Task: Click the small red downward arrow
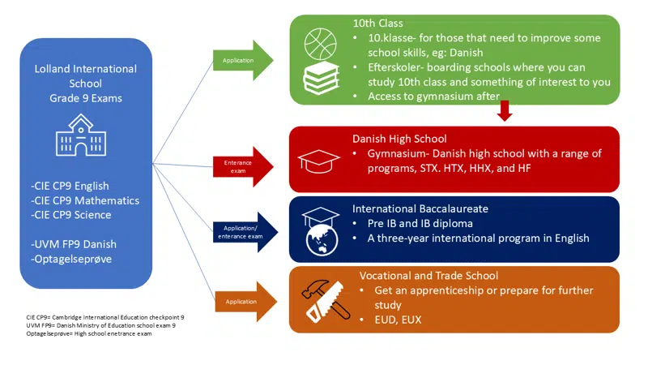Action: (505, 110)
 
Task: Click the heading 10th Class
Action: (377, 24)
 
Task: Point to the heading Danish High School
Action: (399, 139)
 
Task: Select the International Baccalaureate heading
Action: (420, 208)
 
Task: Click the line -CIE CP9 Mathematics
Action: (85, 200)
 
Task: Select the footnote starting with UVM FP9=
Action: (101, 324)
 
